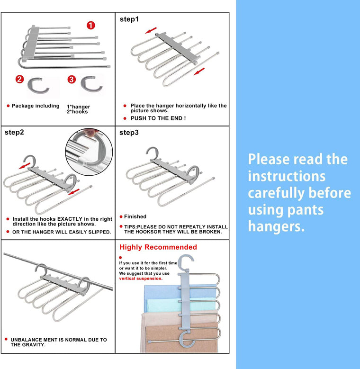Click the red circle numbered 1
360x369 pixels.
[91, 26]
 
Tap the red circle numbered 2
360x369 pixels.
[19, 80]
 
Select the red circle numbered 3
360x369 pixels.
[72, 80]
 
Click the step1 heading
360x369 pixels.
[129, 19]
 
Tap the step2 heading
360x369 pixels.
[14, 132]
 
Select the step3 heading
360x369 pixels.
[129, 133]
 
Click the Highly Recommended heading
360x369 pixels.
[158, 247]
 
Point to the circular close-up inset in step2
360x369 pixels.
[89, 151]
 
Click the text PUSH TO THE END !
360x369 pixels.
[158, 118]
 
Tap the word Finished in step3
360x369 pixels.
[135, 216]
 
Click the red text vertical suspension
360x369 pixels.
[141, 279]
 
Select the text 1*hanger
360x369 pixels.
[78, 107]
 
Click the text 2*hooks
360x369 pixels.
[77, 112]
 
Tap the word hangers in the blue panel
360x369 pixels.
[276, 226]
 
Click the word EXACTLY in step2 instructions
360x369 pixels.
[69, 219]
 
